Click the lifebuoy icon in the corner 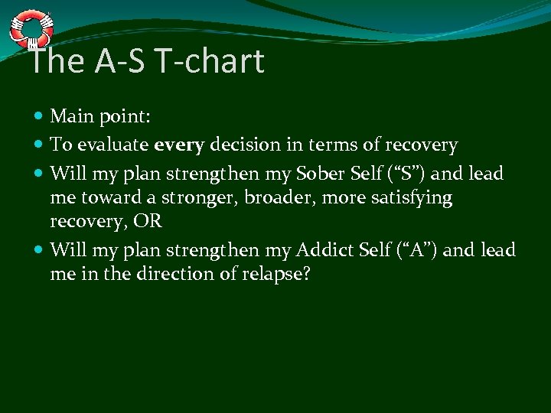[x=30, y=28]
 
